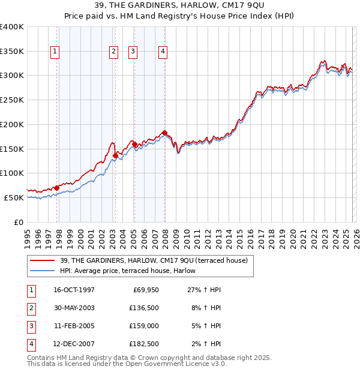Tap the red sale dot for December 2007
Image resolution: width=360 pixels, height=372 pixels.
pyautogui.click(x=164, y=133)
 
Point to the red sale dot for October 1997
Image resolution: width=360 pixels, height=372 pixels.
pyautogui.click(x=57, y=188)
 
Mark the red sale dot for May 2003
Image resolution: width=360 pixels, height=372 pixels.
pyautogui.click(x=115, y=155)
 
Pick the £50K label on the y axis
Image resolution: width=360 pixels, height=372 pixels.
pyautogui.click(x=14, y=197)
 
